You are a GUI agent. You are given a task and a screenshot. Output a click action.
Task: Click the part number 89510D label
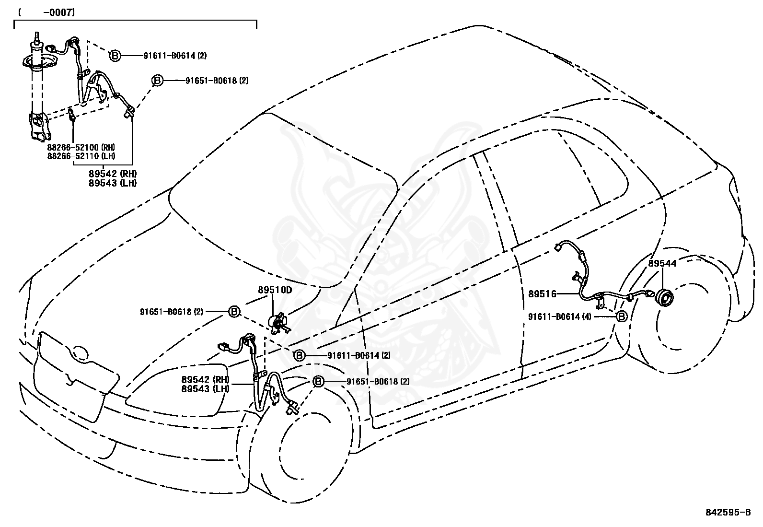[275, 290]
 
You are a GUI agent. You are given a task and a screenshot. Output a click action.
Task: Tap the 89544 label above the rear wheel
[662, 264]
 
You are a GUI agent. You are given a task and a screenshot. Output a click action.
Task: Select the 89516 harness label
[542, 294]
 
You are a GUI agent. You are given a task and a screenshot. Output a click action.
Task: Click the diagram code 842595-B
[728, 513]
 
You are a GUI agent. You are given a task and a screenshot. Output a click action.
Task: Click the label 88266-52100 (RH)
[81, 147]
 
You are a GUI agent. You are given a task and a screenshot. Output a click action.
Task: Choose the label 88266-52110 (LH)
[81, 156]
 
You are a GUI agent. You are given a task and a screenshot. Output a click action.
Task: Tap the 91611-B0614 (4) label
[560, 316]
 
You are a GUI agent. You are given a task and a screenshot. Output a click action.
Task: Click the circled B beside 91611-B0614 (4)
[622, 316]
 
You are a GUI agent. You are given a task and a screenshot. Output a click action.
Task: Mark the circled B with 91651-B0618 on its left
[234, 312]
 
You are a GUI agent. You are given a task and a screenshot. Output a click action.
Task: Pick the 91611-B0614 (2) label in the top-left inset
[175, 56]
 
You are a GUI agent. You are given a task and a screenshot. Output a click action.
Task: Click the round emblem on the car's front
[80, 353]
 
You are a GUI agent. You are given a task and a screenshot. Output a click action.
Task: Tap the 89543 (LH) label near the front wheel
[206, 389]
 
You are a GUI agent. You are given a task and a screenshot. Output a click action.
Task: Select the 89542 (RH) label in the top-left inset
[113, 174]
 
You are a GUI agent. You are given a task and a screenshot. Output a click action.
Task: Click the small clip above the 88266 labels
[72, 115]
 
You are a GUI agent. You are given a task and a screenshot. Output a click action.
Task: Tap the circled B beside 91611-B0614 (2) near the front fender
[299, 355]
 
